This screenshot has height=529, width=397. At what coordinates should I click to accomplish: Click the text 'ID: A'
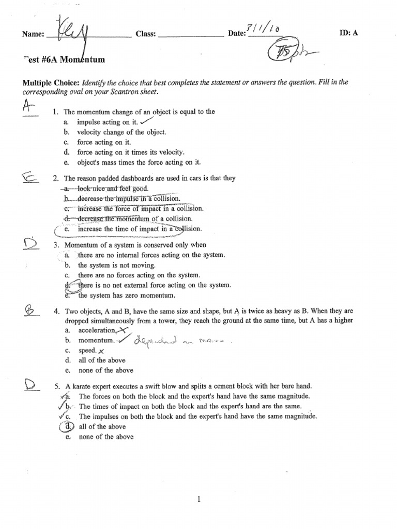pyautogui.click(x=347, y=33)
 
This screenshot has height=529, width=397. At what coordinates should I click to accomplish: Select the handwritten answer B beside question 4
pyautogui.click(x=29, y=310)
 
